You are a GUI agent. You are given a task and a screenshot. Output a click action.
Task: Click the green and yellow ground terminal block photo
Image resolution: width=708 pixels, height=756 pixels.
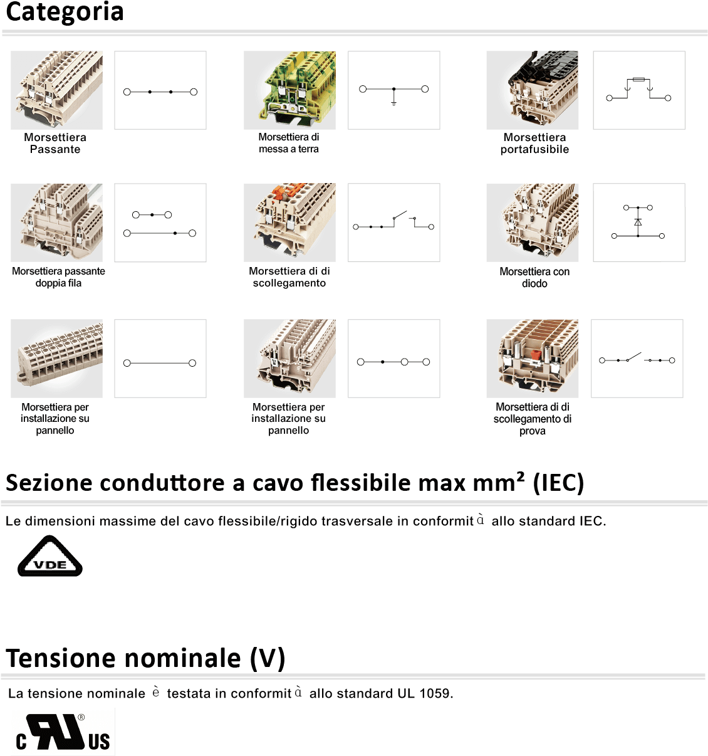tap(289, 90)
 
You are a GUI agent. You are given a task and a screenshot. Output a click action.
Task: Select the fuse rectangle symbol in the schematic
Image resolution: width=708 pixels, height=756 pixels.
tap(638, 80)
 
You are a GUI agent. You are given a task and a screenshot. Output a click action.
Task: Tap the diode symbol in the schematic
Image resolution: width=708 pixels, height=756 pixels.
tap(638, 222)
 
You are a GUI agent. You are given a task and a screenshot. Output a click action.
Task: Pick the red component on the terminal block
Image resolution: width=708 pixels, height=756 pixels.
tap(536, 355)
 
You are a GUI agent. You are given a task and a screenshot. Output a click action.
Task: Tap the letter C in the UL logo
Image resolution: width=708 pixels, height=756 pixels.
tap(22, 742)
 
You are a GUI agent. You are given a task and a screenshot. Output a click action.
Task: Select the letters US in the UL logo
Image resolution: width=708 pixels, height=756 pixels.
tap(99, 742)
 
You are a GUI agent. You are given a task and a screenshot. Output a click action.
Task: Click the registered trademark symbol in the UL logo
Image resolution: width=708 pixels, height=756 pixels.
tap(81, 718)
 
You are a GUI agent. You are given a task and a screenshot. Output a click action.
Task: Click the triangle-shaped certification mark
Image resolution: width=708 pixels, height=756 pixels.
tap(49, 557)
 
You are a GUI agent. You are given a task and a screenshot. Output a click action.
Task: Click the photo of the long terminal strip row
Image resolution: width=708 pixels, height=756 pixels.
tap(56, 359)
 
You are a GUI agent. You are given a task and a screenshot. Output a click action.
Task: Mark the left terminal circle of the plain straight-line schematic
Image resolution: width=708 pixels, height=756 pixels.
tap(127, 363)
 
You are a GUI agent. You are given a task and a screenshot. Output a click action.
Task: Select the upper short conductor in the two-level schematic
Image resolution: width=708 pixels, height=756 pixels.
tap(152, 215)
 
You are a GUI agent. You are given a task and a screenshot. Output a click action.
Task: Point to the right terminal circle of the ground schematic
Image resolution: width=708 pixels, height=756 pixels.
tap(425, 89)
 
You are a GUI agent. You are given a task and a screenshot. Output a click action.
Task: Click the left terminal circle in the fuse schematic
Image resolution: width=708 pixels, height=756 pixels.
tap(610, 98)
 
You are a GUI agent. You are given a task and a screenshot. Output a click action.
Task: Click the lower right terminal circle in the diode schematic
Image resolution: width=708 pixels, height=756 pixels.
tap(662, 236)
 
